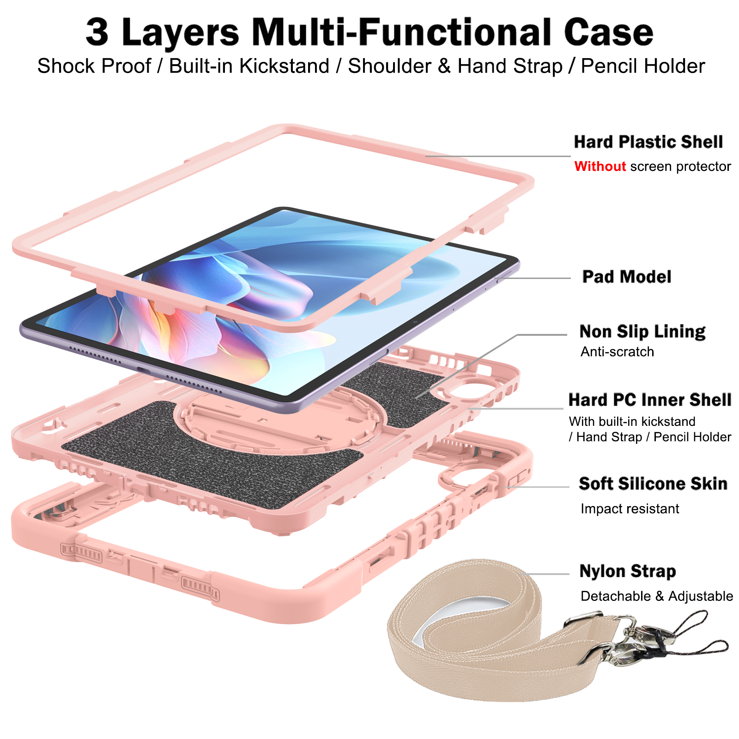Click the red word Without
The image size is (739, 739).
pos(600,166)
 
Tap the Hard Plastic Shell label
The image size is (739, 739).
pos(648,142)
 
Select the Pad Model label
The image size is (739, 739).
pos(626,277)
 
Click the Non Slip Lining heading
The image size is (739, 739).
pos(642,332)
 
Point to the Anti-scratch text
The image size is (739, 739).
pos(617,352)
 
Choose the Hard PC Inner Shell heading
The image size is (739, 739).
pos(650,400)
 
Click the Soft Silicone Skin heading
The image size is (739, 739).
pos(653,484)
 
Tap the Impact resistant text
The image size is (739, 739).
pos(630,509)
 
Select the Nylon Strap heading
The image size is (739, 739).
pos(628,571)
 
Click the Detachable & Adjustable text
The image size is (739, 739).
pos(657,596)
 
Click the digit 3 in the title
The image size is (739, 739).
pos(97,32)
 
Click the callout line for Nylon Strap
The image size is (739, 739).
pos(547,574)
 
